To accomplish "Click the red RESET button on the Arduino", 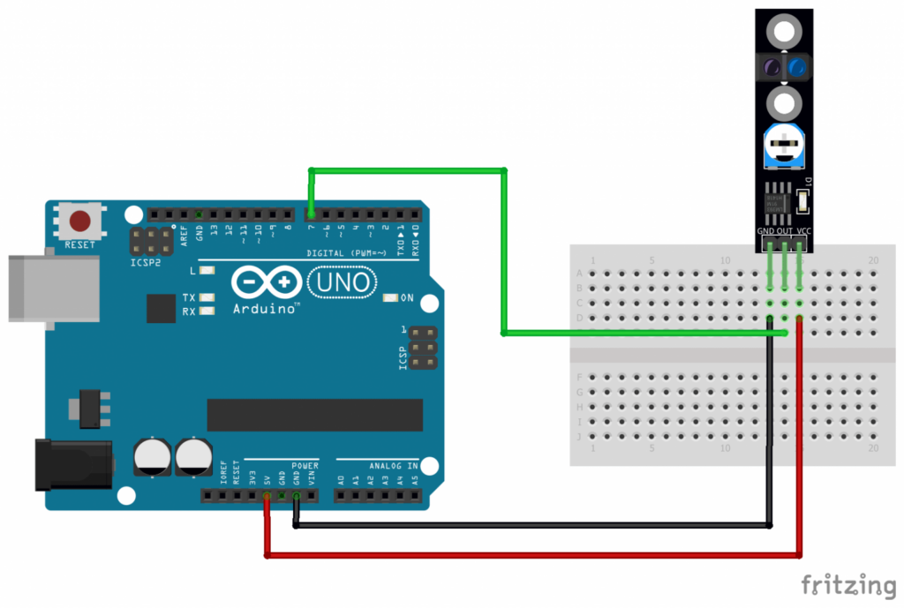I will tap(80, 221).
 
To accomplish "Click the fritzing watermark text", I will tap(847, 584).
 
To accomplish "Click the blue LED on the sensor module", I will tap(799, 66).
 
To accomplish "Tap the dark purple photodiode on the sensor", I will tap(769, 66).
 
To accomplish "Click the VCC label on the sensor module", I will tap(802, 231).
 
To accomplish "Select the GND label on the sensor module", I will tap(765, 231).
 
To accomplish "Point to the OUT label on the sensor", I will tap(784, 231).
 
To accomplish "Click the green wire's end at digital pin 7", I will tap(311, 214).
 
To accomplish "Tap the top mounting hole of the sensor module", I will tap(784, 33).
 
